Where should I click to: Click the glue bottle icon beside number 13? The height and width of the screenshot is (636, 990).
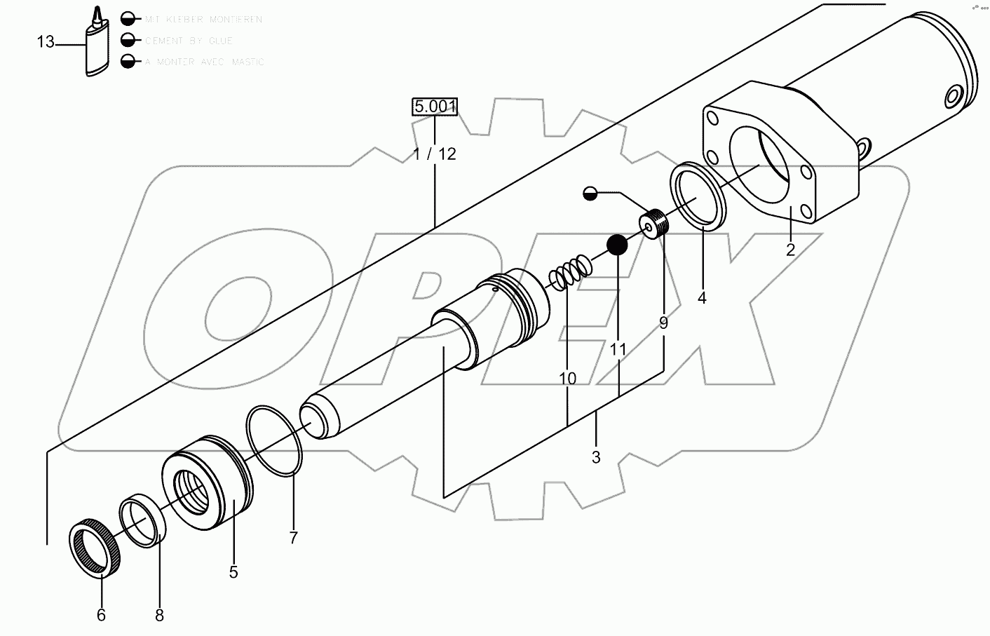tap(96, 46)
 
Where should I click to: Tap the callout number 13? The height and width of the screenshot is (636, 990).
tap(46, 43)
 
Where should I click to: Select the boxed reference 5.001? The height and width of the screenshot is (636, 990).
tap(435, 107)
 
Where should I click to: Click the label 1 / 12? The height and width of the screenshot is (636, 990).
tap(435, 154)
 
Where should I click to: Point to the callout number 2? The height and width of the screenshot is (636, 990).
tap(790, 250)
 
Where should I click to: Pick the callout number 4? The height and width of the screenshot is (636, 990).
tap(702, 298)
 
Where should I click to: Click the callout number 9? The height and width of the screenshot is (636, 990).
tap(663, 323)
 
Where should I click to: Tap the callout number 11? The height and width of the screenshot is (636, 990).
tap(618, 349)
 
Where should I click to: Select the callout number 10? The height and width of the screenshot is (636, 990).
tap(568, 379)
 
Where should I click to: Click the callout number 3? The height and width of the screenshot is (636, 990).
tap(596, 458)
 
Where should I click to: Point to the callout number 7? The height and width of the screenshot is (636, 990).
tap(293, 538)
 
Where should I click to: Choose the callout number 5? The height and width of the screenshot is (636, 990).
tap(233, 572)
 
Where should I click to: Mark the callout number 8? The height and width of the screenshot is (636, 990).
tap(159, 615)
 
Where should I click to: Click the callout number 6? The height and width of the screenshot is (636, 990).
tap(101, 615)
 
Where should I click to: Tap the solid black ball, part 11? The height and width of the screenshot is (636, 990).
tap(617, 245)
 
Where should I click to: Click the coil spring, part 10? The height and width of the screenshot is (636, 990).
tap(569, 273)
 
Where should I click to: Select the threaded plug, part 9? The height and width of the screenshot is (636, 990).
tap(655, 224)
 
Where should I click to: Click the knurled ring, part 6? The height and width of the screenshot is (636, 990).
tap(97, 548)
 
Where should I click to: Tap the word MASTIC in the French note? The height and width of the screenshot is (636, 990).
tap(245, 62)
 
